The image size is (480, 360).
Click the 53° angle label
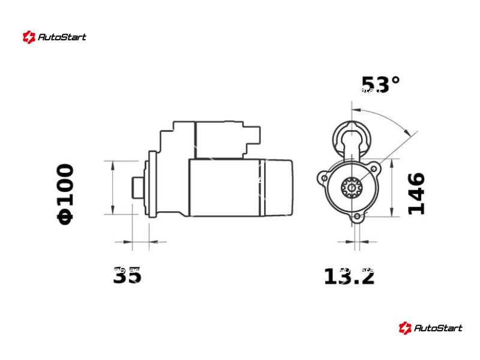coord(380,85)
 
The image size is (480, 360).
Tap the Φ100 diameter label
coord(65,194)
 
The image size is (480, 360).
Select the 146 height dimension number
coord(416,193)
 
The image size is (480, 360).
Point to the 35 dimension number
coord(127,275)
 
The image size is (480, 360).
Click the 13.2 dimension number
coord(349,276)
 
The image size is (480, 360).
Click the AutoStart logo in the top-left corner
coord(55,37)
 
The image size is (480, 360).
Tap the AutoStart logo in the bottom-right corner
coord(430,328)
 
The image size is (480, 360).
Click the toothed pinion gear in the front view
coord(350,187)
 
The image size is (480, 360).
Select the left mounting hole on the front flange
coord(324,178)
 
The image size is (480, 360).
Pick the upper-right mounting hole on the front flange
coord(374,169)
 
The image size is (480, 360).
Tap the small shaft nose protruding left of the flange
coord(137,187)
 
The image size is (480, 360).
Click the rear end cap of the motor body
coord(278,187)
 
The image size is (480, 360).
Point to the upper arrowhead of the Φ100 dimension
coord(113,164)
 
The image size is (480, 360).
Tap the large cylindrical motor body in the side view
coord(226,187)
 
